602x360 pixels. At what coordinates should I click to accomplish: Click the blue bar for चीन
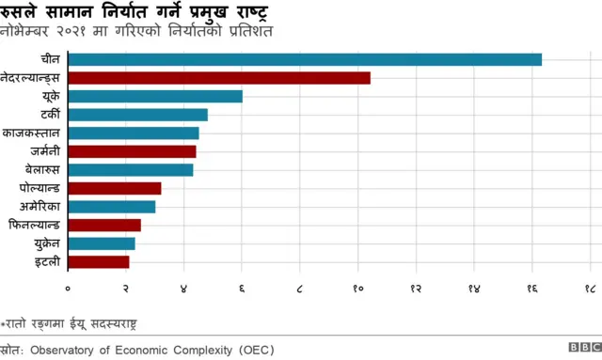[305, 59]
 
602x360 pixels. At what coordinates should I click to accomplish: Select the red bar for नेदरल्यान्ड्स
[219, 78]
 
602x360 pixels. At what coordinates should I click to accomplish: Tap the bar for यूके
[155, 96]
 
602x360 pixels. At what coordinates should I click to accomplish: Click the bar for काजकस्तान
[134, 133]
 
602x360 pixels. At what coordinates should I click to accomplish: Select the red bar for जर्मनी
[133, 151]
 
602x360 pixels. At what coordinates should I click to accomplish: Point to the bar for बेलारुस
[131, 169]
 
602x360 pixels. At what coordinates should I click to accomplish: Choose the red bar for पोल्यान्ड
[115, 188]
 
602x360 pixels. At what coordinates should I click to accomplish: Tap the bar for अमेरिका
[112, 206]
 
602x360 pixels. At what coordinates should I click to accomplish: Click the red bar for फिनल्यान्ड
[104, 225]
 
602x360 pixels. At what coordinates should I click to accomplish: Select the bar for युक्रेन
[102, 243]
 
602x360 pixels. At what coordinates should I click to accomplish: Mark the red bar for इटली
[99, 261]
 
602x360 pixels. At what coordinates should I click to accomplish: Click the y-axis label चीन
[51, 59]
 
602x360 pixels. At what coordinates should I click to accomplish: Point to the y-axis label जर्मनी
[42, 151]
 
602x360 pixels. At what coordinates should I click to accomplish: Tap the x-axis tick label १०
[358, 288]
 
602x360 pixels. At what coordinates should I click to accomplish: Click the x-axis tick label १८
[590, 288]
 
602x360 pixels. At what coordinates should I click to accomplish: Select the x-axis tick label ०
[68, 288]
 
